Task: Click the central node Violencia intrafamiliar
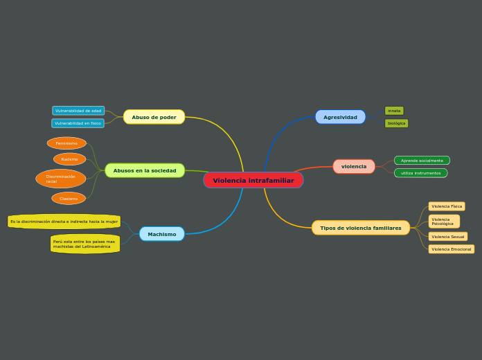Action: (x=253, y=181)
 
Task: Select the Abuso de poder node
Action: (x=154, y=117)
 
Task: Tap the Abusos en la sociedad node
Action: (x=145, y=170)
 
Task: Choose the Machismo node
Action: (x=162, y=234)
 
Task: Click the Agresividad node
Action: (x=340, y=117)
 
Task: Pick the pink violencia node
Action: (x=354, y=166)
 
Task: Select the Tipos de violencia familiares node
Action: (x=360, y=228)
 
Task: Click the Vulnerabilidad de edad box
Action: (x=78, y=111)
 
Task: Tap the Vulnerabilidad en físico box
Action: (x=78, y=123)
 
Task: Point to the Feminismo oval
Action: (x=66, y=143)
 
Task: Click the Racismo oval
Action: (x=69, y=159)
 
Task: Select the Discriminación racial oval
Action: (x=61, y=179)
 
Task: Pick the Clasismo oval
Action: (x=69, y=199)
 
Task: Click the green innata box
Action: (x=394, y=111)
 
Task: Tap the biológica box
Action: (x=396, y=123)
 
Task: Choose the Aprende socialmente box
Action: (x=422, y=161)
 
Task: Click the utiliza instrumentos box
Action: (x=420, y=173)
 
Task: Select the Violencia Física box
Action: (x=447, y=206)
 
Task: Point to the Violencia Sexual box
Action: (x=447, y=237)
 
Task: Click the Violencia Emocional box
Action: (x=451, y=249)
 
